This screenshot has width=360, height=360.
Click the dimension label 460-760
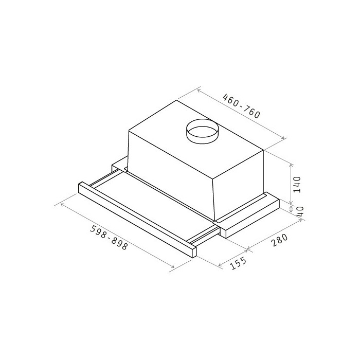pyautogui.click(x=242, y=106)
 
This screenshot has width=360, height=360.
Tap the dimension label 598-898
pyautogui.click(x=109, y=238)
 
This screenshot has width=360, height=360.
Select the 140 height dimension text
pyautogui.click(x=297, y=185)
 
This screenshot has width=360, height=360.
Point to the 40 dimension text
pyautogui.click(x=300, y=211)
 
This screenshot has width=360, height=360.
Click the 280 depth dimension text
pyautogui.click(x=279, y=240)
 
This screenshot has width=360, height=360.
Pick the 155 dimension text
pyautogui.click(x=238, y=263)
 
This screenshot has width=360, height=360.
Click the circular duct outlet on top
pyautogui.click(x=202, y=131)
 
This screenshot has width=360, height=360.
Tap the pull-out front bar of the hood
pyautogui.click(x=137, y=220)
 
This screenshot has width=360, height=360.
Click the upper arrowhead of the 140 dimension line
pyautogui.click(x=291, y=165)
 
